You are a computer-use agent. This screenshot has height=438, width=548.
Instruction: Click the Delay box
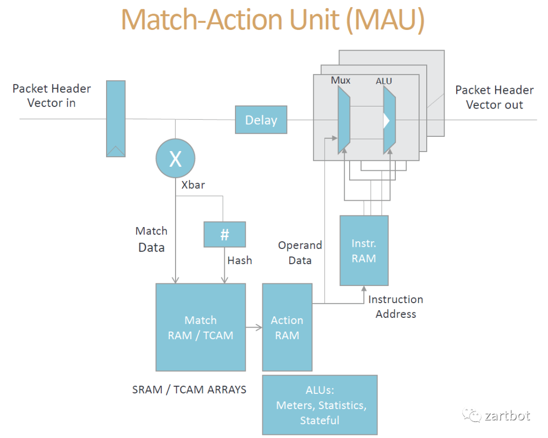(261, 120)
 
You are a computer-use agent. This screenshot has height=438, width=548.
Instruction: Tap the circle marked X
(175, 159)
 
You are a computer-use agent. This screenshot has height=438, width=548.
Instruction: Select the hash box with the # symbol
(224, 235)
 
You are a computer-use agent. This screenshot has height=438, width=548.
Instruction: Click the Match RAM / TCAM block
(200, 327)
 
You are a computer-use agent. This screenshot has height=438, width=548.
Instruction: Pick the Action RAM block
(287, 327)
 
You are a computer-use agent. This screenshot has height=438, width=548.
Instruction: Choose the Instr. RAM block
(364, 250)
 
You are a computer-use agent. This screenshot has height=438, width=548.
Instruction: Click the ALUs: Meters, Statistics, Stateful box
(320, 405)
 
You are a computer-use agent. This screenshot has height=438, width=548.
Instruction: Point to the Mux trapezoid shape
(344, 120)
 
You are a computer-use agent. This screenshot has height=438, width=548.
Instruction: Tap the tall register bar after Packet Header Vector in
(116, 118)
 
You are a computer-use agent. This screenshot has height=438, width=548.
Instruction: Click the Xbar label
(193, 185)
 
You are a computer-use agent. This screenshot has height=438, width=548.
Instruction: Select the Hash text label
(239, 261)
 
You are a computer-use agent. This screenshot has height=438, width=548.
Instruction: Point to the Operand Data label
(300, 252)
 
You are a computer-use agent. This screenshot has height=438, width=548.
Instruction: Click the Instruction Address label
(396, 307)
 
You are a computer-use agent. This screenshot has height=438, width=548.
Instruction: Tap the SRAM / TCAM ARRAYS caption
(189, 390)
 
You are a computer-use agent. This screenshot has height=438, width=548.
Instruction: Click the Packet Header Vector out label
(494, 97)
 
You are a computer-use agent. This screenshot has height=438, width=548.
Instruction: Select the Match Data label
(151, 239)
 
